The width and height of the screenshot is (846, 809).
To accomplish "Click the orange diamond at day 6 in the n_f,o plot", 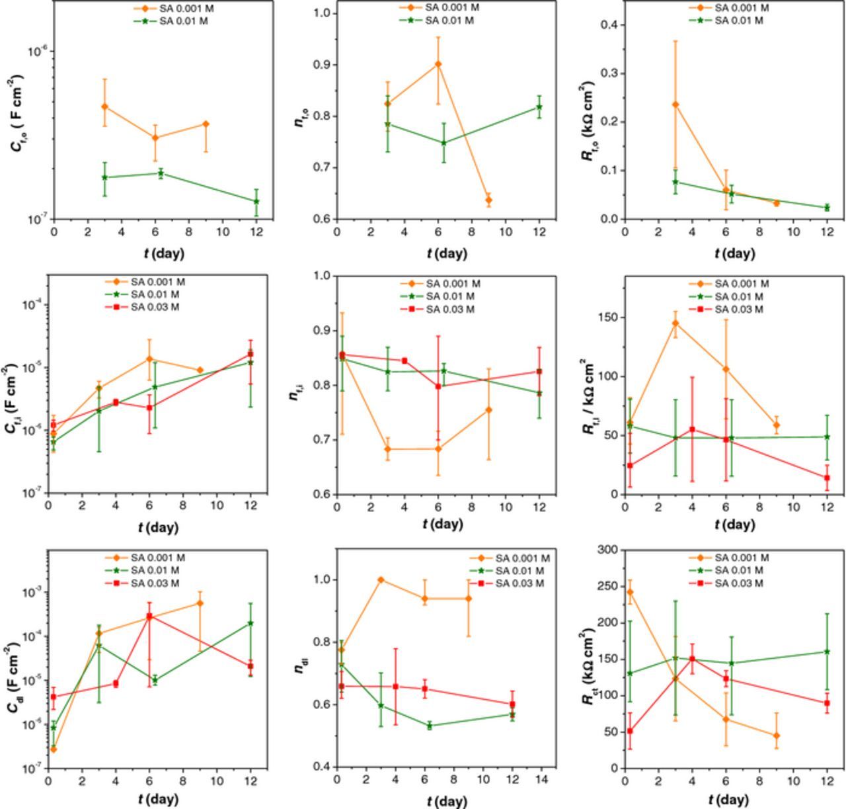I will pos(438,64).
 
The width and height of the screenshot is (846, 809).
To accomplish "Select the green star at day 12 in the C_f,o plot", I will pos(256,201).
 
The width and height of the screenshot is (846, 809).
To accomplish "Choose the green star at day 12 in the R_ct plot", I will pos(827,652).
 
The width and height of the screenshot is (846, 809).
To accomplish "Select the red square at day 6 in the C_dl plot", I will pos(149,617).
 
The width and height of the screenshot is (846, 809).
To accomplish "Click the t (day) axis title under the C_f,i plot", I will pos(158,527).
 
